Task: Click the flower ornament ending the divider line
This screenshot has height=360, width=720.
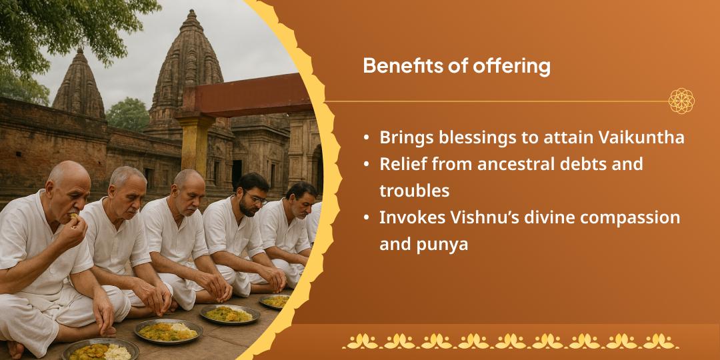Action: (x=681, y=101)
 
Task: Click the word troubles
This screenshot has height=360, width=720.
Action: (x=414, y=191)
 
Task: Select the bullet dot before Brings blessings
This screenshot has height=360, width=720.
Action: (x=367, y=137)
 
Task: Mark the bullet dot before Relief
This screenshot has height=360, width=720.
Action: (x=367, y=164)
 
